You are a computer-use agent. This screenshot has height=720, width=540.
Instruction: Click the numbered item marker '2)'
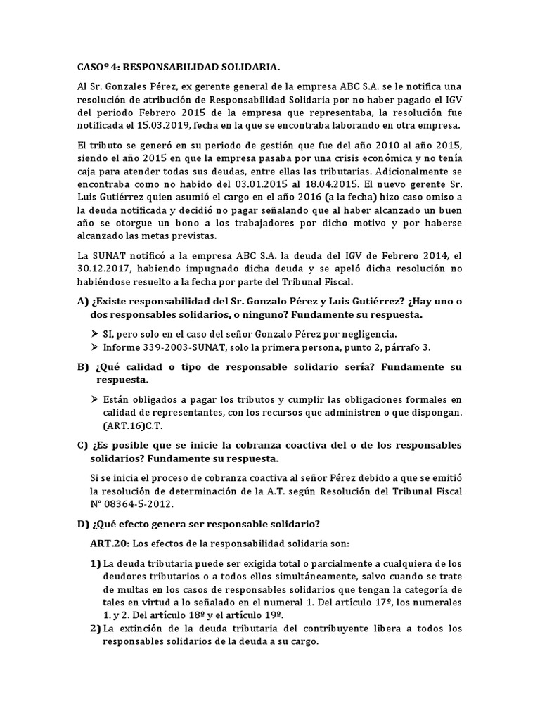pyautogui.click(x=96, y=628)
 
